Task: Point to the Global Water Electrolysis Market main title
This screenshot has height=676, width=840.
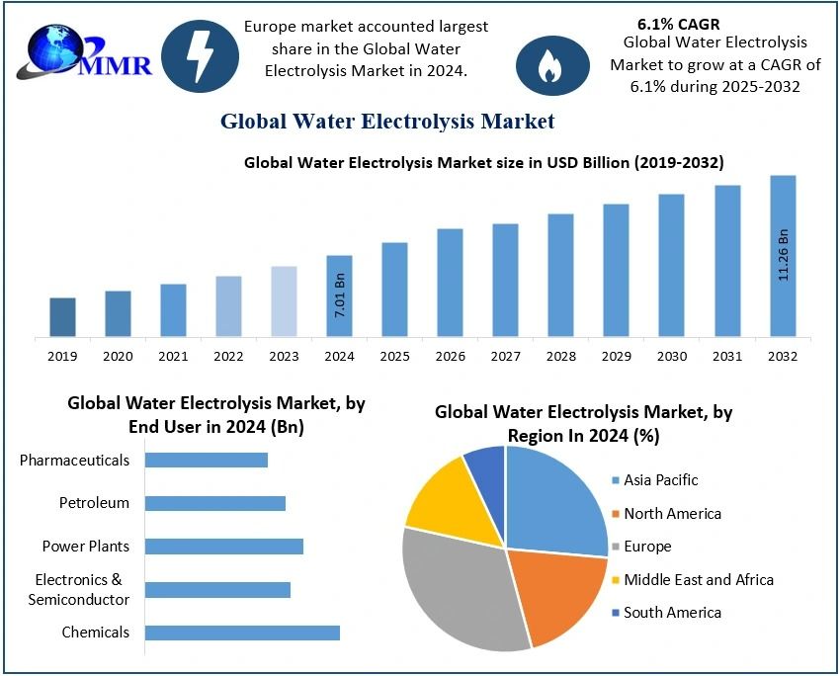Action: point(386,122)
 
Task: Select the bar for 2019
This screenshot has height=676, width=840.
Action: point(62,317)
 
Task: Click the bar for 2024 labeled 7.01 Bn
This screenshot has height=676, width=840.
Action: point(339,296)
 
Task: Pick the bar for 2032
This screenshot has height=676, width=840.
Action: point(783,256)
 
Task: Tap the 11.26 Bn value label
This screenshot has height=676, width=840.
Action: point(784,255)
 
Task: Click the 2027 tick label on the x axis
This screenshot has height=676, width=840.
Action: point(505,355)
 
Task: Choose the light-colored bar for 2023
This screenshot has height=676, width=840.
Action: point(284,301)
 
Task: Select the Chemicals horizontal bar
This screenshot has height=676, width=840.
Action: point(242,633)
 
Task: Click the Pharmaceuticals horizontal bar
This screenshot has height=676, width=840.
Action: point(207,460)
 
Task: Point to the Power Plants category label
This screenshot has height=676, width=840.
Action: point(85,546)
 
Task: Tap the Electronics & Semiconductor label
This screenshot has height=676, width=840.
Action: point(79,590)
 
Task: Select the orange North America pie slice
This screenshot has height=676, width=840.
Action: point(558,593)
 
